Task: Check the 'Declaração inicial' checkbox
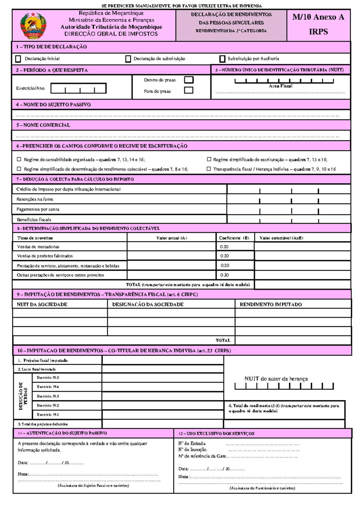click(x=18, y=59)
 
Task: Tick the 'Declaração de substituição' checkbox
click(x=128, y=59)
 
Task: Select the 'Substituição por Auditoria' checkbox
click(x=222, y=59)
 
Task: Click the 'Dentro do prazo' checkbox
click(x=189, y=80)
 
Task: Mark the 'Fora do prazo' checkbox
click(x=189, y=90)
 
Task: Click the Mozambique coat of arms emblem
click(x=33, y=26)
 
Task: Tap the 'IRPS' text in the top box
click(x=318, y=32)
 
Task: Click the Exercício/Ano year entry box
click(x=78, y=89)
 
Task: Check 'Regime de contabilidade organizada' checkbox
click(x=19, y=159)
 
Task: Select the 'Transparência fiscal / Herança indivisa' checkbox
click(x=209, y=169)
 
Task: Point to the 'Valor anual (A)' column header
click(x=172, y=238)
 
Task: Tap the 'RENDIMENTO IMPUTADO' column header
click(x=271, y=304)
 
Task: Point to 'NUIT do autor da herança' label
click(x=276, y=379)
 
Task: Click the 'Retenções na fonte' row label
click(x=35, y=199)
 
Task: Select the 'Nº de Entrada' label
click(x=192, y=443)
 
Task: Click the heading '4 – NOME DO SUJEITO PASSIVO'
click(x=53, y=105)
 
